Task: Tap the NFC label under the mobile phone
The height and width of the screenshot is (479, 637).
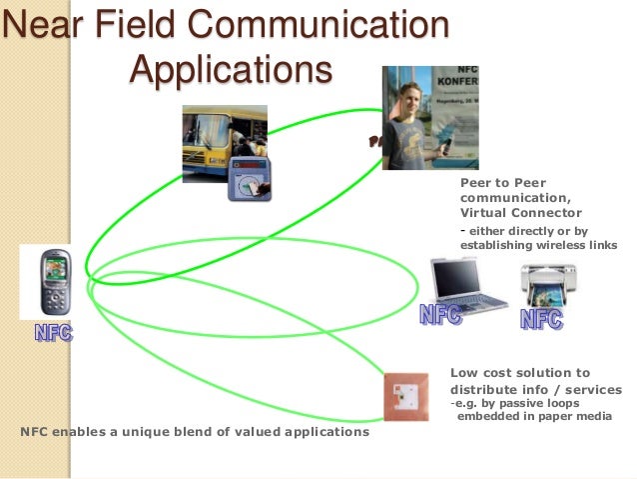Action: click(x=54, y=333)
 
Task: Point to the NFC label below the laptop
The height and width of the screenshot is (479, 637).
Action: click(x=440, y=316)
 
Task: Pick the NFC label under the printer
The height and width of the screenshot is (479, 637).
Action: click(x=541, y=320)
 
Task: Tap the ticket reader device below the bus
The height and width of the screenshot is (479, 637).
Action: click(x=249, y=180)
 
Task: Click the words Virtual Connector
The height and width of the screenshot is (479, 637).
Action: click(x=520, y=213)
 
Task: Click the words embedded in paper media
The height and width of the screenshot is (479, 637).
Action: click(x=531, y=416)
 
